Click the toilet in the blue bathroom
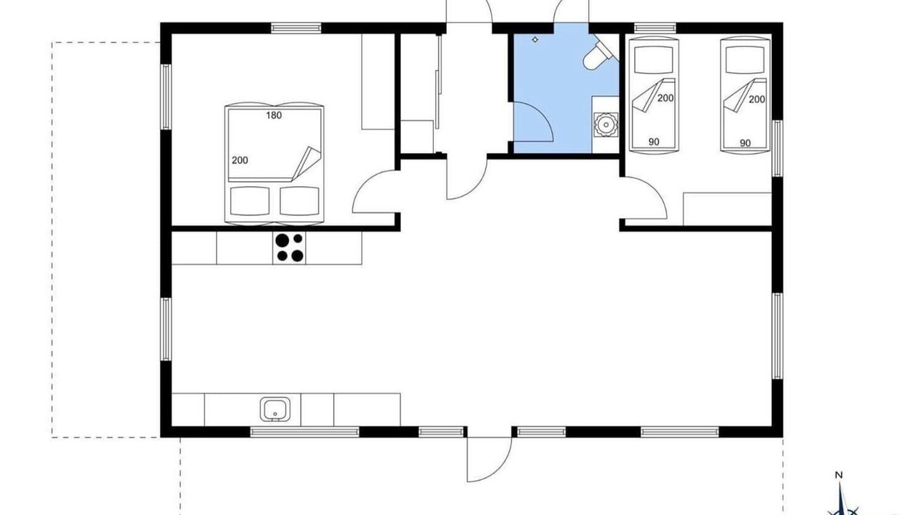tap(599, 54)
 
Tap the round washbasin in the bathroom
tap(605, 124)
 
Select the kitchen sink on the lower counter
tap(275, 409)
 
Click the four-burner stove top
tap(290, 248)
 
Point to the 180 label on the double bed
tap(274, 115)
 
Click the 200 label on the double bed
tap(239, 160)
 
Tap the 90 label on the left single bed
tap(654, 142)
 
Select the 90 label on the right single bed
tap(745, 143)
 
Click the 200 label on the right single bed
tap(756, 99)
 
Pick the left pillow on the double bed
tap(250, 201)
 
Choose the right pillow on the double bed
tap(300, 201)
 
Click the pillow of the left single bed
tap(653, 59)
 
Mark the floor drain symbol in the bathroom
tap(535, 39)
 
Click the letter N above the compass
tap(839, 476)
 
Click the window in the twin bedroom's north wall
tap(655, 28)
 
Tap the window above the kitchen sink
tap(305, 431)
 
